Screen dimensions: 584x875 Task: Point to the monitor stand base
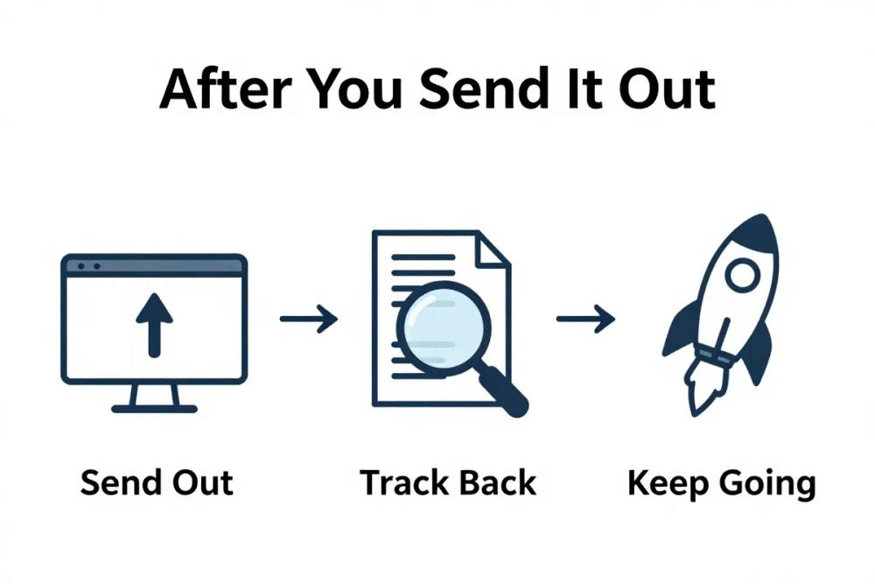tap(154, 407)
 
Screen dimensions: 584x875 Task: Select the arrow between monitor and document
tap(309, 319)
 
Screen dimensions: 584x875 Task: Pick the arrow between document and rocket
tap(585, 319)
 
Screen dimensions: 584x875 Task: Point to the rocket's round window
tap(741, 278)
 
